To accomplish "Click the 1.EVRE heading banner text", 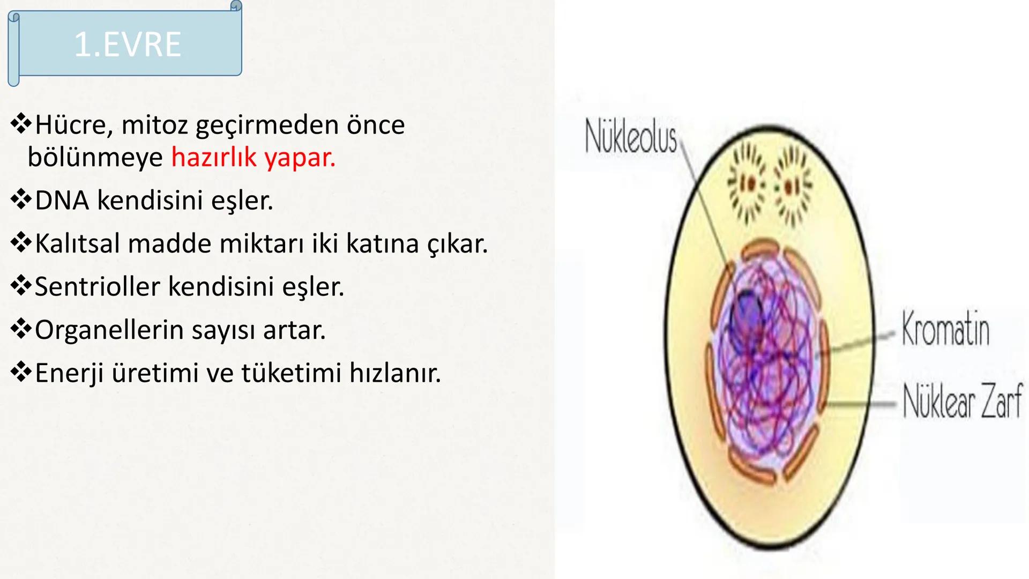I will point(128,44).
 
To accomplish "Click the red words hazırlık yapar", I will point(253,158).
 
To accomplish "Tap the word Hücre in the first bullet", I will point(71,125).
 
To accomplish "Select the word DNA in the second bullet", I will point(62,201).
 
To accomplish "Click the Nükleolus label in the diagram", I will point(631,137).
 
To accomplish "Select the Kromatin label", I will point(945,328).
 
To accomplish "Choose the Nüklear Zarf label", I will point(963,401).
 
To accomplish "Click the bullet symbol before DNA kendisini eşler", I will point(21,200).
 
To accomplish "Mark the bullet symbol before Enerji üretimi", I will point(21,372).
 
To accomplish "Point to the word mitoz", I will point(154,125).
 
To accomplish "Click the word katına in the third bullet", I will point(382,243).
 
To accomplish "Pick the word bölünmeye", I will point(95,158).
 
